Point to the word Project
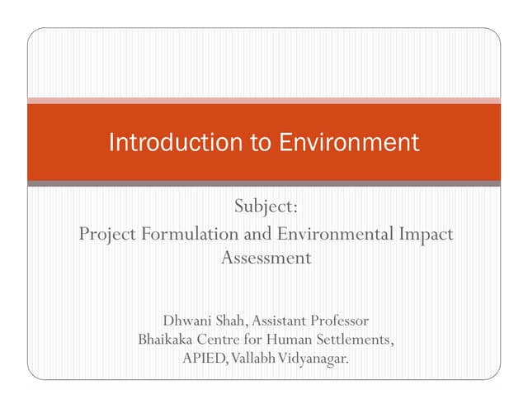[x=107, y=234]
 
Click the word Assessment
[x=266, y=258]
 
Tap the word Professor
[x=337, y=320]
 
